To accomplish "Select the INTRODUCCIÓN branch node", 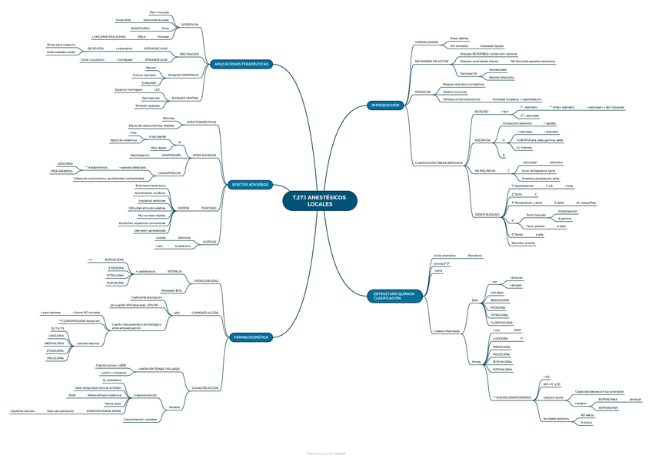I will click(384, 105).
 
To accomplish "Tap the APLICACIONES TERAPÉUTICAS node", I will click(241, 64).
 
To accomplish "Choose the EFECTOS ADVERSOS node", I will click(250, 185).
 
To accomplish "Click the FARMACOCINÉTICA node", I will click(250, 337).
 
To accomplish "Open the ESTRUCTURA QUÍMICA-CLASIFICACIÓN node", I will click(395, 296).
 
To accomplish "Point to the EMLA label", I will click(141, 36).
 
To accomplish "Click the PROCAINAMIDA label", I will click(62, 171).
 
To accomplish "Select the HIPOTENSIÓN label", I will click(171, 155).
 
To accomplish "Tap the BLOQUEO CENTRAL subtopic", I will click(185, 98).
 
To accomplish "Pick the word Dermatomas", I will click(151, 98).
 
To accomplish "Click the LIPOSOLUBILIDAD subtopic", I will click(205, 280).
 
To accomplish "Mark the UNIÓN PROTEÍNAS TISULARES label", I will click(158, 369).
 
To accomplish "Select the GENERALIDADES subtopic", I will click(427, 42).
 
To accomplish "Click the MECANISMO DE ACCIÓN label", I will click(431, 60).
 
